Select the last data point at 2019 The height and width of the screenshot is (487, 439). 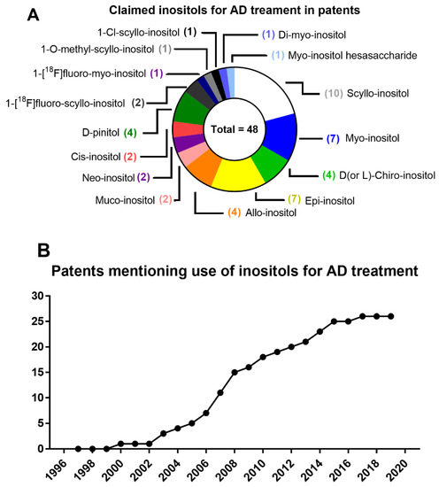click(x=391, y=315)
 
